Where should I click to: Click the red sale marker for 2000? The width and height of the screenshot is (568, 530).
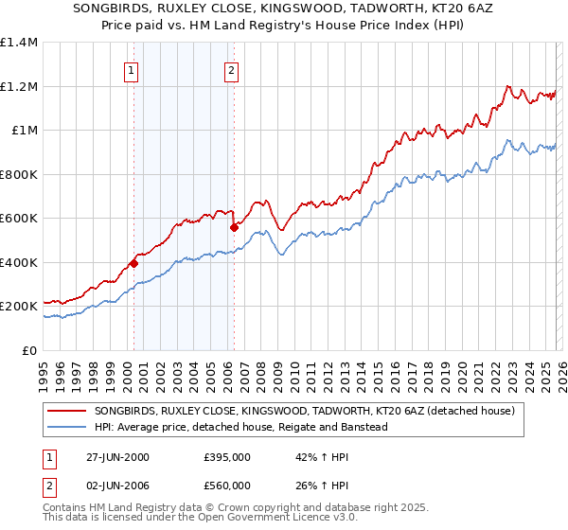133,264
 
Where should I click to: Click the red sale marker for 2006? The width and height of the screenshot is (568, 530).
233,227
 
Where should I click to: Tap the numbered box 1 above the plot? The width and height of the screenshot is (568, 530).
131,68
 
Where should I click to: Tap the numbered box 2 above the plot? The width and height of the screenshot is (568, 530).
231,68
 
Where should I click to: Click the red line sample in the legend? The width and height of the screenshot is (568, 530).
68,411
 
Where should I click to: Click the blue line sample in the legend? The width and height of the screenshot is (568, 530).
68,427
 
